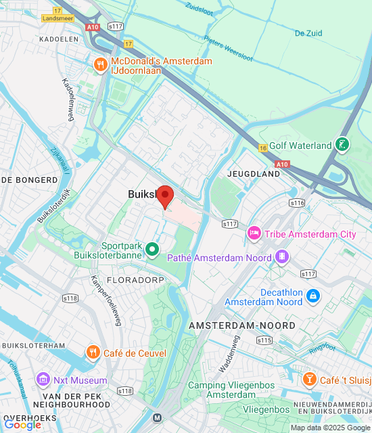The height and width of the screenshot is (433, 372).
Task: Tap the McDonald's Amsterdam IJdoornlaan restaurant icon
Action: click(x=100, y=65)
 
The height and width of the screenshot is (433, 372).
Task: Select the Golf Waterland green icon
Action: click(x=344, y=145)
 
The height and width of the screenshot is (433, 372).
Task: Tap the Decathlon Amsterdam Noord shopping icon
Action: click(x=312, y=296)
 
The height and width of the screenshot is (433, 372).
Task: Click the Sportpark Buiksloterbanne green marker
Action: click(x=153, y=250)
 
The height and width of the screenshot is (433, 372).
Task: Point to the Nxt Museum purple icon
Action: click(x=44, y=380)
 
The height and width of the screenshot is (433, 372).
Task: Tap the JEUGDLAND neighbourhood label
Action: click(x=254, y=174)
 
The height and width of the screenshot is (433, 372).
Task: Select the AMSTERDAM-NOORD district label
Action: click(x=242, y=325)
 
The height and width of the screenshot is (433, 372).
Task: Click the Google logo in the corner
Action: click(x=22, y=424)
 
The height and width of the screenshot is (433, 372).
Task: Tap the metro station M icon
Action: click(x=158, y=418)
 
